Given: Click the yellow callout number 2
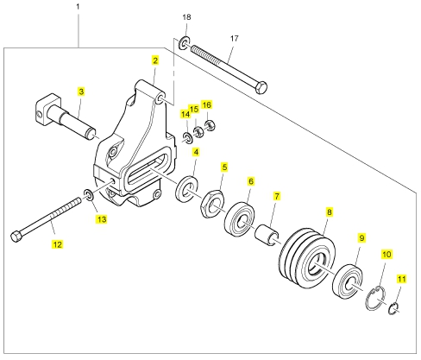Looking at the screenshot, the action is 155,60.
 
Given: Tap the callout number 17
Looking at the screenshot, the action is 235,38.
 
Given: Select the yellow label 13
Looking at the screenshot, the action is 102,219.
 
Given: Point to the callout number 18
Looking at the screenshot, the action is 186,17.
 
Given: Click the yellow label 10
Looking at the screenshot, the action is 386,255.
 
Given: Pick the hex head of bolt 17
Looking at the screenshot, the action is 261,87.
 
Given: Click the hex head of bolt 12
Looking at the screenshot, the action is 16,237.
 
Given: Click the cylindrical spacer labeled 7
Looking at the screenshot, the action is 267,235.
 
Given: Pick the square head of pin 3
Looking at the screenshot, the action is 48,109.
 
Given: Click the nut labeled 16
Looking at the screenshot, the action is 210,125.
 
